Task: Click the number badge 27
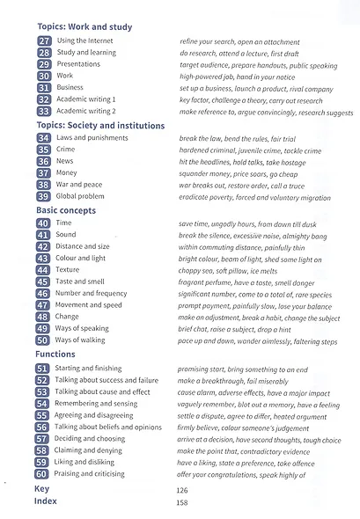click(43, 41)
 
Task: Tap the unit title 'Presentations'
click(79, 64)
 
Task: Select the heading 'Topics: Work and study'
click(84, 27)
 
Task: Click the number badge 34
click(43, 138)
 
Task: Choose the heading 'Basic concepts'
click(67, 210)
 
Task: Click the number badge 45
click(43, 281)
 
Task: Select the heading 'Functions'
click(55, 354)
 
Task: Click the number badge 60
click(43, 473)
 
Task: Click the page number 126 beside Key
click(184, 488)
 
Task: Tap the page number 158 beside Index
click(184, 502)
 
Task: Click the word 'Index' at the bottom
click(46, 501)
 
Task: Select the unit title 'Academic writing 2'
click(85, 112)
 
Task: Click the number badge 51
click(43, 368)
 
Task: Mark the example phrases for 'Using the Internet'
click(239, 41)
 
